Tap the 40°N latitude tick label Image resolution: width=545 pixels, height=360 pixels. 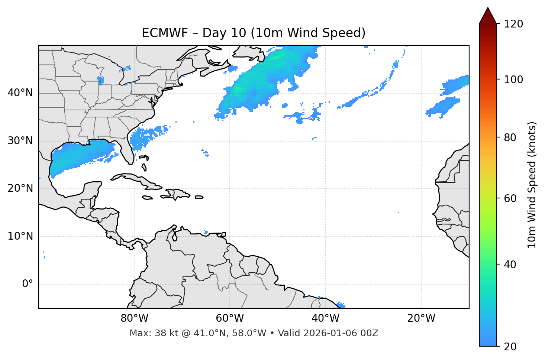click(20, 93)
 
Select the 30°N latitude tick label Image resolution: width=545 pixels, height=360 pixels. click(20, 141)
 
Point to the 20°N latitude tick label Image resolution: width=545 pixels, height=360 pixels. click(20, 188)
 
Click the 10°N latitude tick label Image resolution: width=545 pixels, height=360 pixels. click(20, 236)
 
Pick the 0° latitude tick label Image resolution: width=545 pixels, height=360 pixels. click(27, 284)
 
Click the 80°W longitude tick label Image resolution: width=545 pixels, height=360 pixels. click(134, 318)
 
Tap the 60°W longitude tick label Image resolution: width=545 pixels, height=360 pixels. click(230, 318)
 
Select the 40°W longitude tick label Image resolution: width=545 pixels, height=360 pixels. click(325, 318)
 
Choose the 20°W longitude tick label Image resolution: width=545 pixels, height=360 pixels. click(421, 318)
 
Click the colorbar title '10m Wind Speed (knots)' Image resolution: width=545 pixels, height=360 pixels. click(532, 185)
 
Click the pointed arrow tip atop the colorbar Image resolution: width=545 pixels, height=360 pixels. click(487, 9)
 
